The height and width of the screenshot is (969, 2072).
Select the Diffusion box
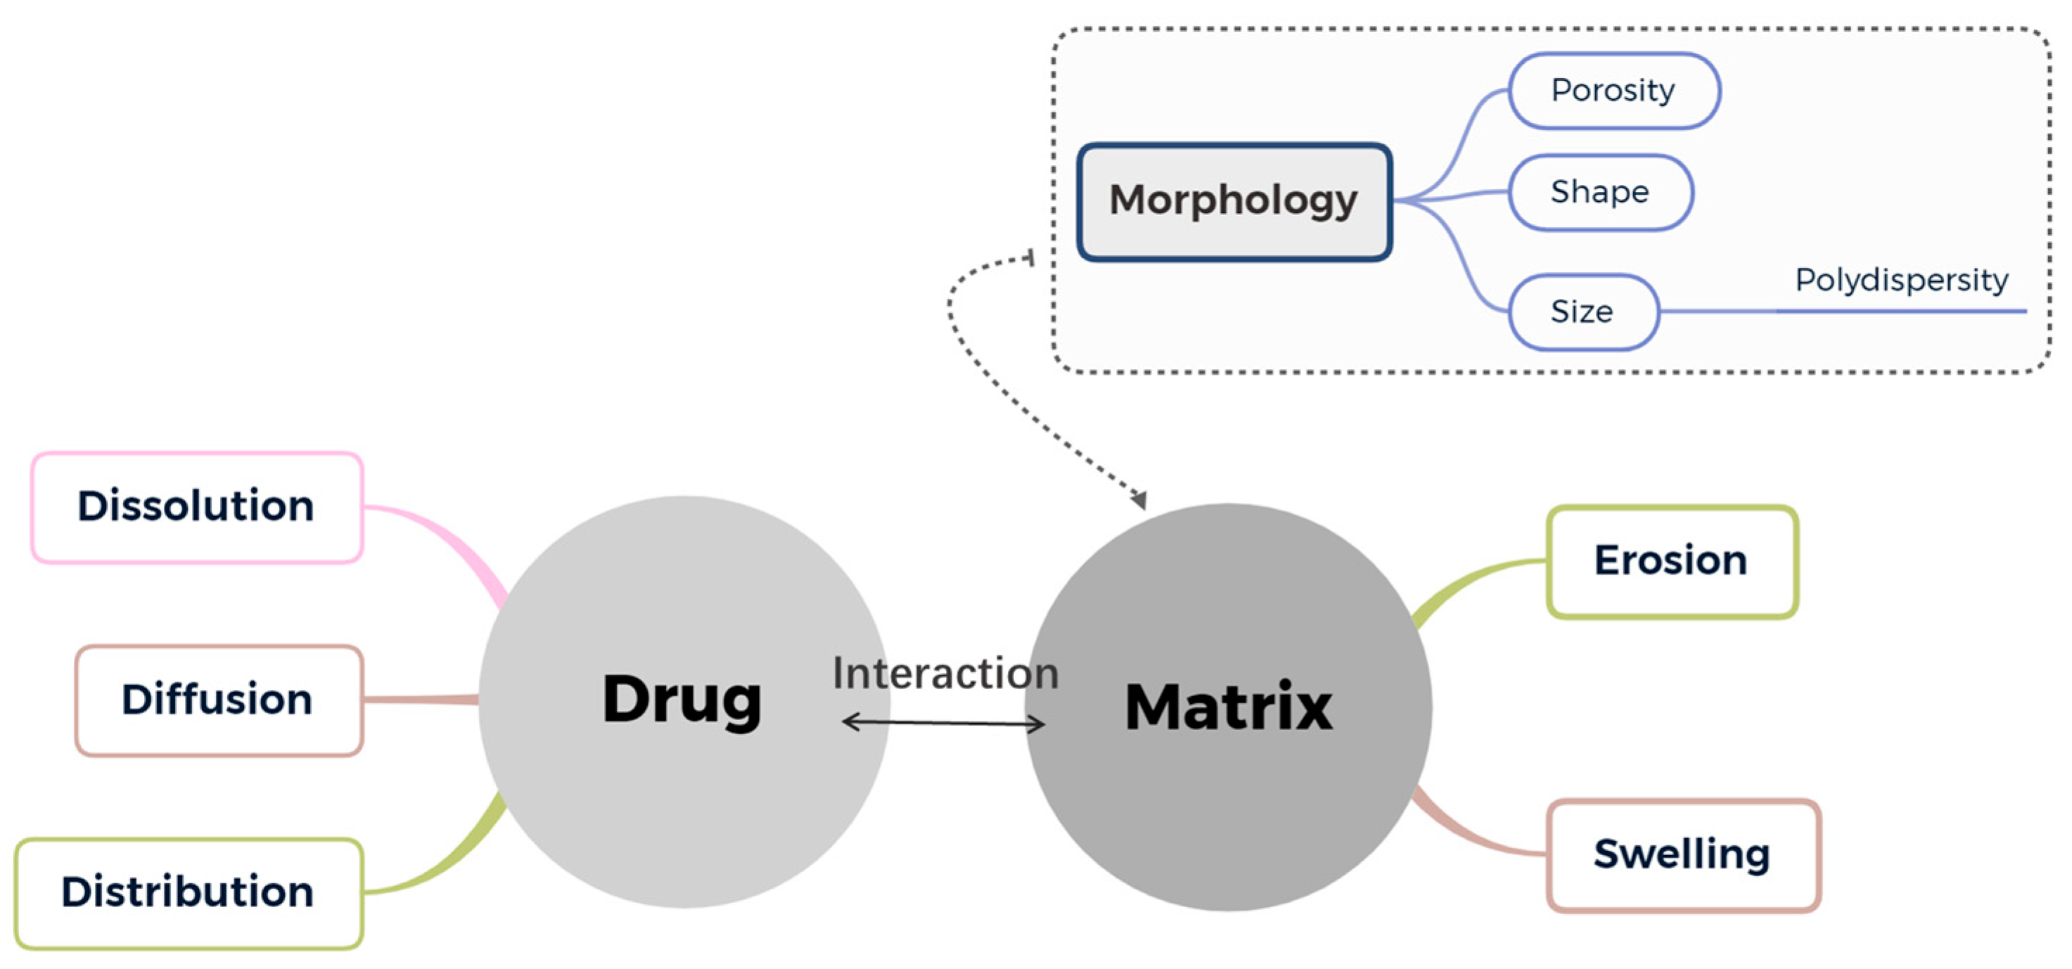coord(219,700)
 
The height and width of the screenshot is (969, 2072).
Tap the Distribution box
coord(188,892)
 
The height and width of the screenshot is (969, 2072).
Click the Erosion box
coord(1671,561)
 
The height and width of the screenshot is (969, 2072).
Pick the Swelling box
coord(1682,855)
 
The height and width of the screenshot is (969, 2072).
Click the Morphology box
coord(1234,201)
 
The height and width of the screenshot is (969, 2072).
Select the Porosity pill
coord(1613,91)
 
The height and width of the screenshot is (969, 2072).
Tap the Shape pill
coord(1600,192)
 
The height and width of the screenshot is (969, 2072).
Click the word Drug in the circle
coord(682,700)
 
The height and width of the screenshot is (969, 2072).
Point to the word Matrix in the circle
coord(1228,707)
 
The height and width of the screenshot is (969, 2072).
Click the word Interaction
coord(945,673)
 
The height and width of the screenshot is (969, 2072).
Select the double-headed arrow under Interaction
coord(942,723)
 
